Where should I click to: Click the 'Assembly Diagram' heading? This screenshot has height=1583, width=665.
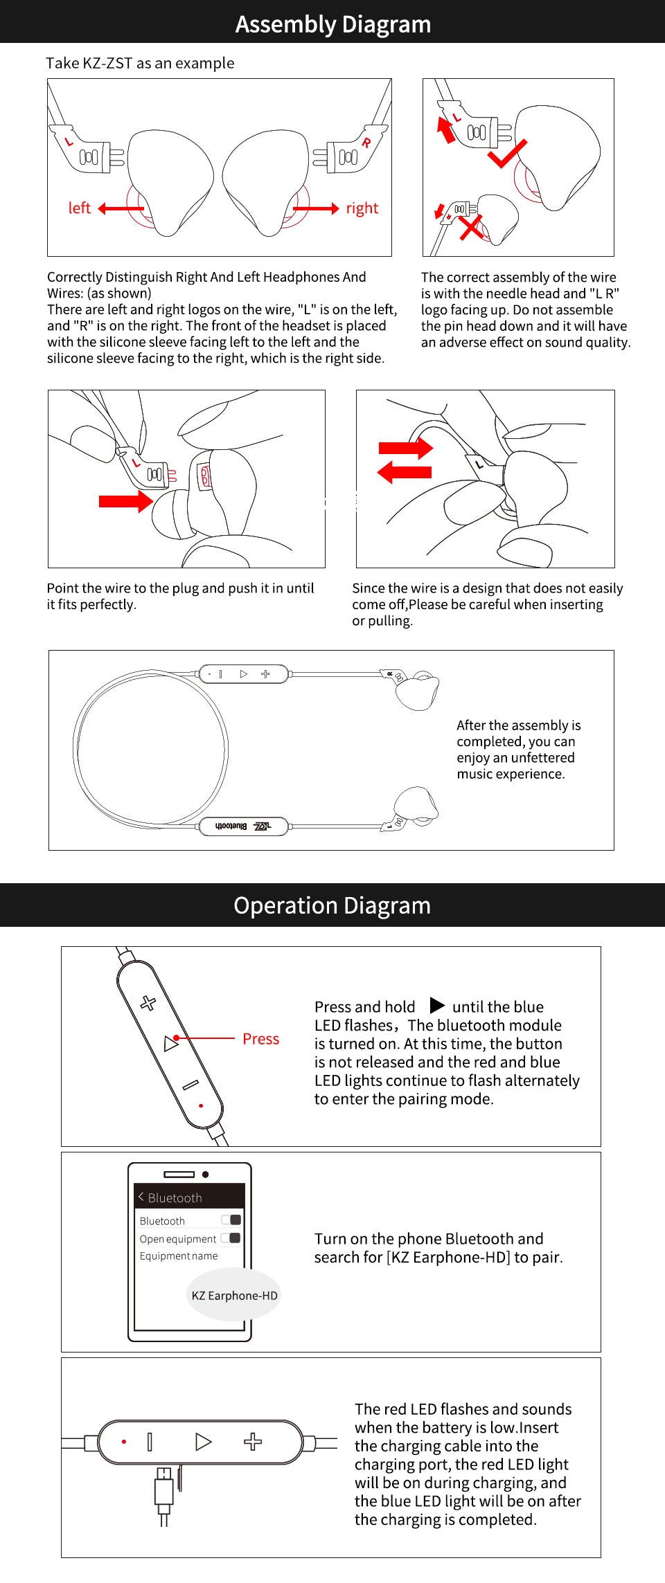pyautogui.click(x=332, y=24)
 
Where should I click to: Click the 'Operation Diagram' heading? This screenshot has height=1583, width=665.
pyautogui.click(x=332, y=905)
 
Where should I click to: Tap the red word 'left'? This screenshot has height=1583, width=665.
pyautogui.click(x=79, y=208)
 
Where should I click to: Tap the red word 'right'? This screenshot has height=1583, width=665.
pyautogui.click(x=362, y=208)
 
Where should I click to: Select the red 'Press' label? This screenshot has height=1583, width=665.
pyautogui.click(x=260, y=1039)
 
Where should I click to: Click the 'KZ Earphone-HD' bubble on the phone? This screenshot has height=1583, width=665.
pyautogui.click(x=234, y=1296)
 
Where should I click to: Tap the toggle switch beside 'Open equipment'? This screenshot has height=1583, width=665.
pyautogui.click(x=231, y=1238)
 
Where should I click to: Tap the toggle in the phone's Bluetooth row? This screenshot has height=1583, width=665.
pyautogui.click(x=231, y=1220)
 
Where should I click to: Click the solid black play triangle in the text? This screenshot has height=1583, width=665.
pyautogui.click(x=436, y=1005)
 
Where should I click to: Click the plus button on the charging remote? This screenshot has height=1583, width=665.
pyautogui.click(x=253, y=1442)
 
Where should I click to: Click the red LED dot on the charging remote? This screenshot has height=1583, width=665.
pyautogui.click(x=124, y=1442)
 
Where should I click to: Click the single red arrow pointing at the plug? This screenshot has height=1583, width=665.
pyautogui.click(x=125, y=501)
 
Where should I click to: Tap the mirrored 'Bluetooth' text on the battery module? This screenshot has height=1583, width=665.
pyautogui.click(x=231, y=826)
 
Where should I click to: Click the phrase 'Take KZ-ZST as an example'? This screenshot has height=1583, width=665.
pyautogui.click(x=140, y=63)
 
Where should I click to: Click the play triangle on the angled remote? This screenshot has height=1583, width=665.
pyautogui.click(x=170, y=1044)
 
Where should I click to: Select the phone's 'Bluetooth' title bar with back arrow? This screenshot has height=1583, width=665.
pyautogui.click(x=188, y=1197)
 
